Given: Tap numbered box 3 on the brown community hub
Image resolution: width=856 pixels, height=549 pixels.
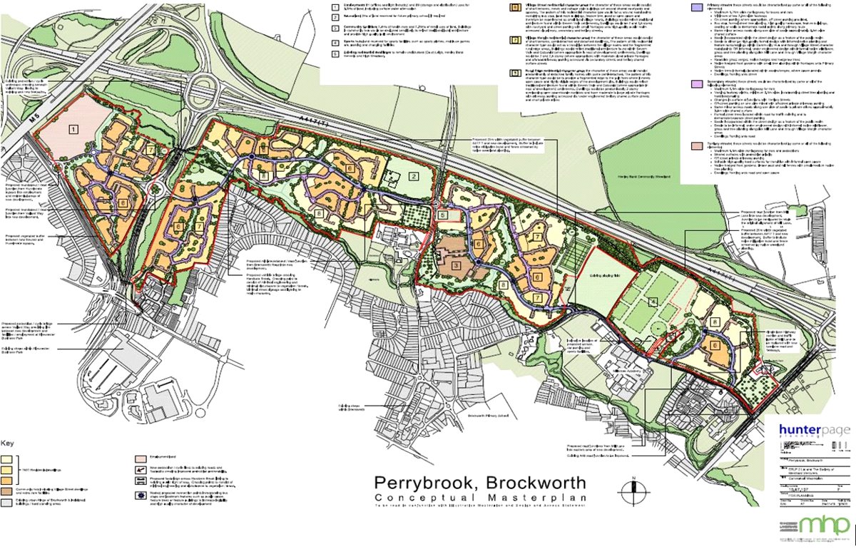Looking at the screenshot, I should [456, 265].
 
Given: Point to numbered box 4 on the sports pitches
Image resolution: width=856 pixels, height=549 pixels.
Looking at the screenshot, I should [652, 301].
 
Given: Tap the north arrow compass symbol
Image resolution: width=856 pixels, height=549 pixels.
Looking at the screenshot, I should [628, 493].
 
